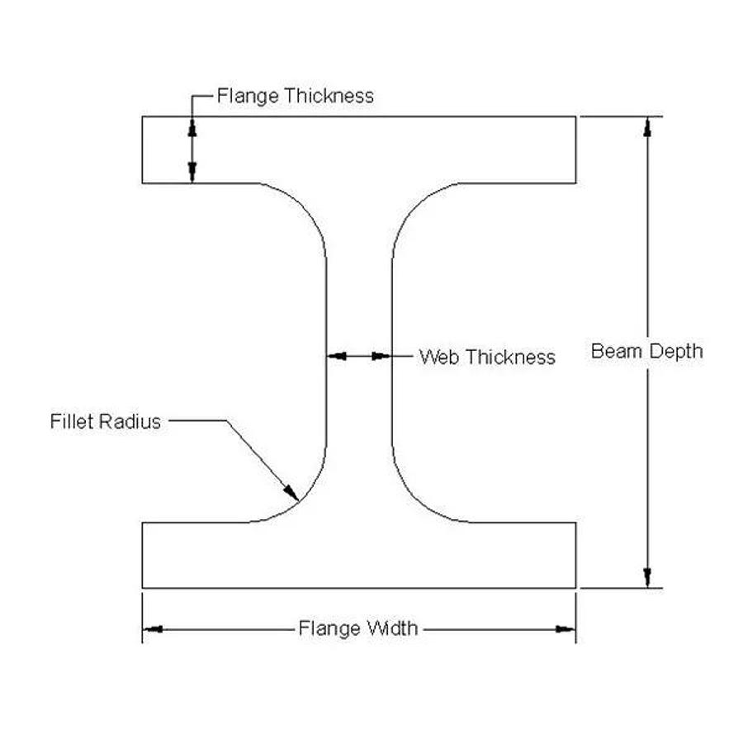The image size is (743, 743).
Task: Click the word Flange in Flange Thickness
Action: click(x=246, y=96)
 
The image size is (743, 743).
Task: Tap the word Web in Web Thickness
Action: click(x=438, y=357)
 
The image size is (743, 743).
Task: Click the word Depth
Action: click(x=674, y=352)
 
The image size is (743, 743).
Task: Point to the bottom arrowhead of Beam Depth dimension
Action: click(x=648, y=577)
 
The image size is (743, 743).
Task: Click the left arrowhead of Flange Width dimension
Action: click(x=153, y=629)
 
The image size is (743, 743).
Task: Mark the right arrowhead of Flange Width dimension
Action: click(x=566, y=629)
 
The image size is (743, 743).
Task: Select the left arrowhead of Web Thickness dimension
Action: click(x=335, y=356)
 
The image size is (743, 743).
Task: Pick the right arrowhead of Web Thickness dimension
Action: click(x=381, y=356)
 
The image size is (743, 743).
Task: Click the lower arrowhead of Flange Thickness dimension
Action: click(x=192, y=173)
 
